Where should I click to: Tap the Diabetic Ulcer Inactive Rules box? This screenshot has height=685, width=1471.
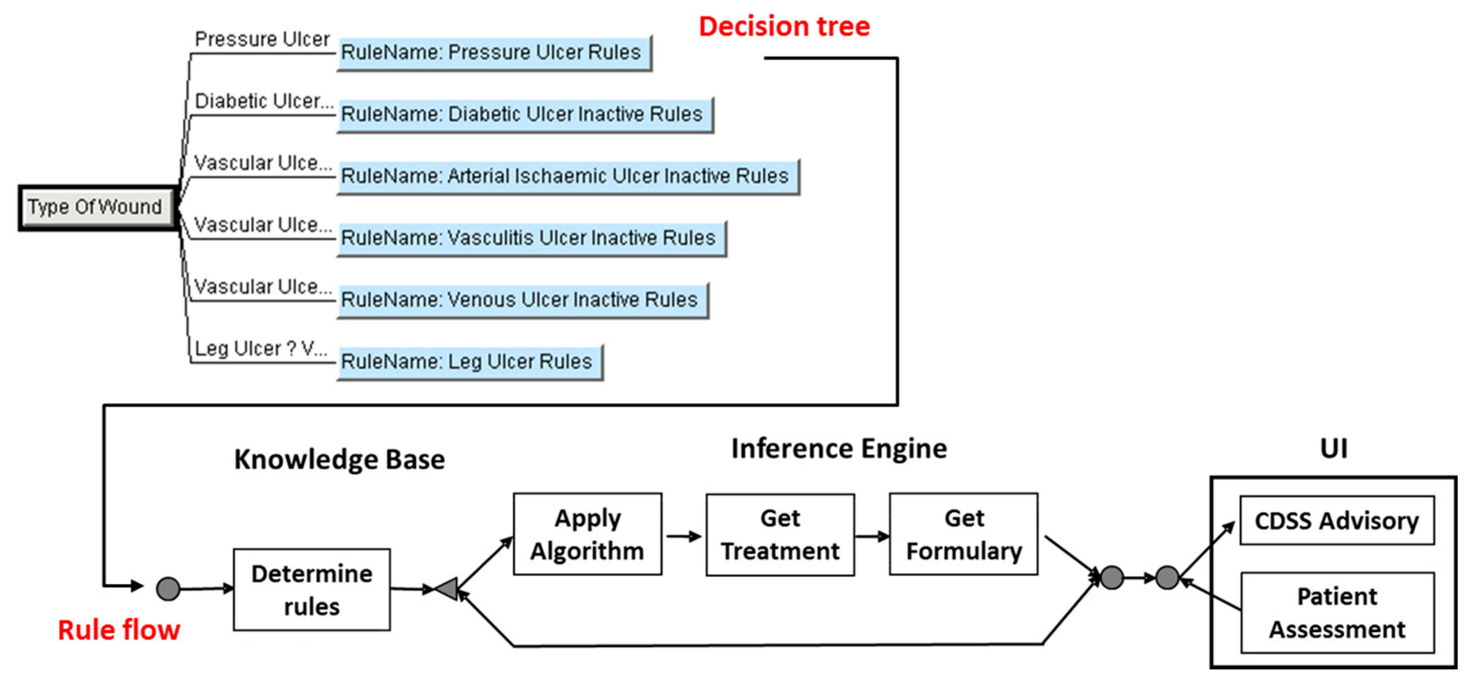[524, 115]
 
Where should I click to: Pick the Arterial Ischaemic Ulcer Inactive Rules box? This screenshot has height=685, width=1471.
[567, 176]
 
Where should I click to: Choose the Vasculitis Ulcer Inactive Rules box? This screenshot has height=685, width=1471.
[530, 238]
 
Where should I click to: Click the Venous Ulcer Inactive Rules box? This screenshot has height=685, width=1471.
[522, 300]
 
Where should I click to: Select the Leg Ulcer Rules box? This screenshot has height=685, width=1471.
[469, 362]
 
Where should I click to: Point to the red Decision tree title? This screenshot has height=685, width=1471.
[783, 27]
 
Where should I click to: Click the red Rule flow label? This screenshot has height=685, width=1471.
[119, 630]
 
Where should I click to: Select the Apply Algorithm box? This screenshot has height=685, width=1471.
[587, 534]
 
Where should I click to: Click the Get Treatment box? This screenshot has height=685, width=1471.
[779, 535]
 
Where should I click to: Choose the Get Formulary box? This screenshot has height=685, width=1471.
[963, 534]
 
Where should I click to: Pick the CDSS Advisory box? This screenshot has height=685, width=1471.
[1336, 521]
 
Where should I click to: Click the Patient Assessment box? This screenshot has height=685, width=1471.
[1336, 613]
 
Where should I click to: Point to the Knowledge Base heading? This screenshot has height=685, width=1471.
[339, 459]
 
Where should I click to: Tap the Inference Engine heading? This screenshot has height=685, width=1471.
[838, 449]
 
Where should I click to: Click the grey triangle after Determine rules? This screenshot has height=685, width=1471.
[447, 589]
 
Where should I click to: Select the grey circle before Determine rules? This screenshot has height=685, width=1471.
[168, 589]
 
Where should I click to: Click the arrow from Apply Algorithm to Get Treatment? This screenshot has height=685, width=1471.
[684, 536]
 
